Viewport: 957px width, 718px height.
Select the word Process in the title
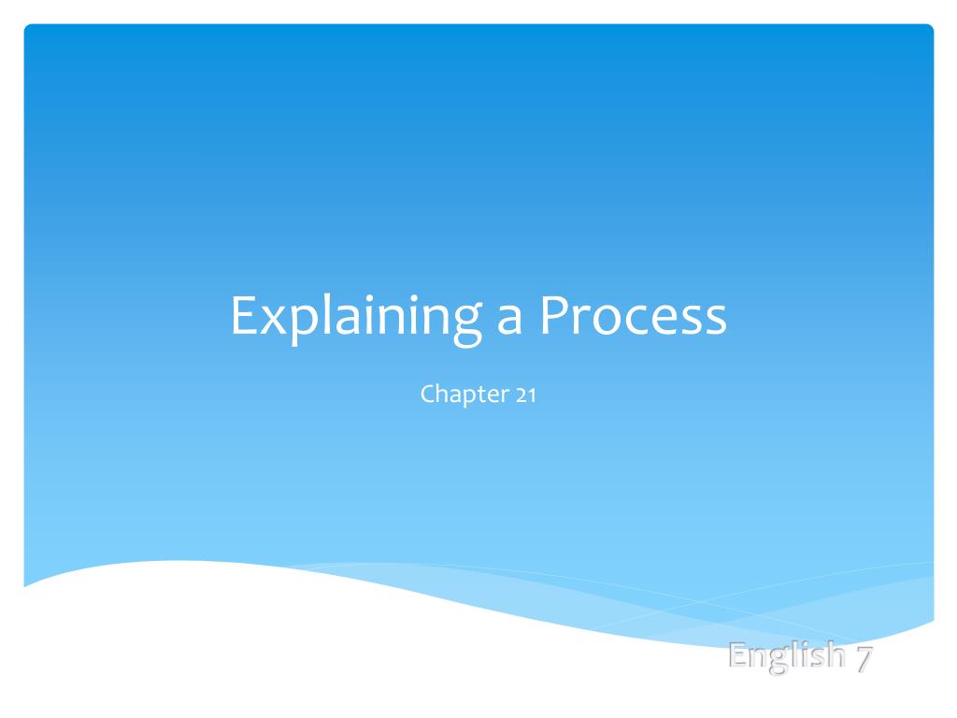coord(631,318)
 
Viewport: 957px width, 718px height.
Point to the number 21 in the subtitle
coord(524,395)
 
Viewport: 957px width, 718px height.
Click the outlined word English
coord(786,657)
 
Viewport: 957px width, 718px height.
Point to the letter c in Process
coord(631,322)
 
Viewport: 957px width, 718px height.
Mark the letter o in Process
coord(604,322)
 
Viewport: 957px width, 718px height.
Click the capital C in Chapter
coord(429,395)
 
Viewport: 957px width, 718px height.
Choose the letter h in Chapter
coord(445,394)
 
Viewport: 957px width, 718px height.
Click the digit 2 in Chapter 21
coord(520,395)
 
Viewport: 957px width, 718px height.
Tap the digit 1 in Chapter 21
coord(531,395)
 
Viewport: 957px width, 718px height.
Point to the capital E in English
coord(739,655)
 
